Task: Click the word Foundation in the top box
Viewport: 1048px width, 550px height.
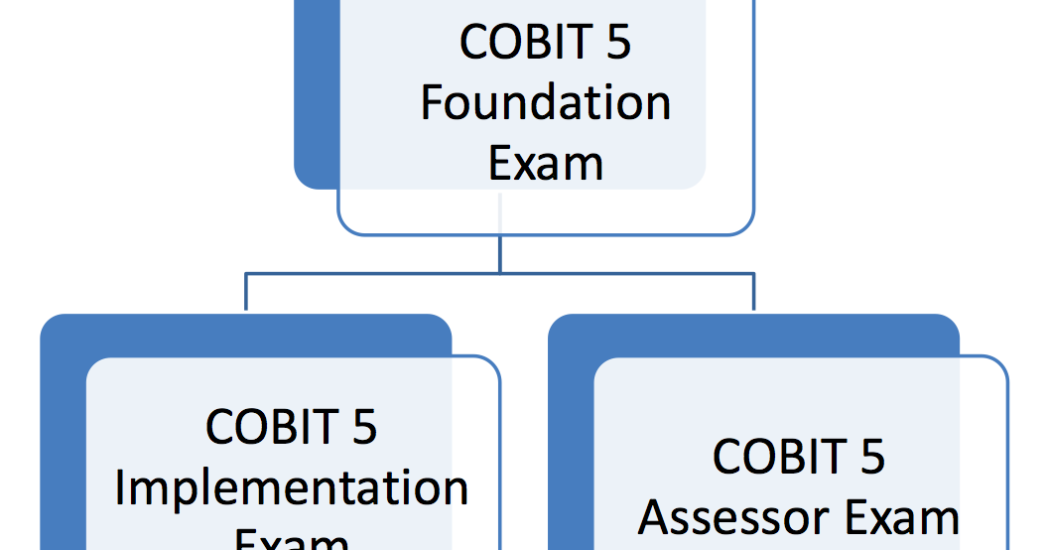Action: click(545, 103)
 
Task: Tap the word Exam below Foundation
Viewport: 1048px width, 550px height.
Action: click(545, 163)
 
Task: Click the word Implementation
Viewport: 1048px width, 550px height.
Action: click(292, 488)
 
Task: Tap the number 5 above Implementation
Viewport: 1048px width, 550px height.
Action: click(364, 427)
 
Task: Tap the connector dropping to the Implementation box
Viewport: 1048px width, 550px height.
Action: click(246, 294)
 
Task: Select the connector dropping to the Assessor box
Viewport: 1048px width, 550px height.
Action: click(753, 294)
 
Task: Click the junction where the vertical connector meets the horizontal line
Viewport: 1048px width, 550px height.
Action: click(500, 273)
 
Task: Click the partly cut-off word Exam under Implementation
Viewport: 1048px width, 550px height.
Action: click(292, 541)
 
